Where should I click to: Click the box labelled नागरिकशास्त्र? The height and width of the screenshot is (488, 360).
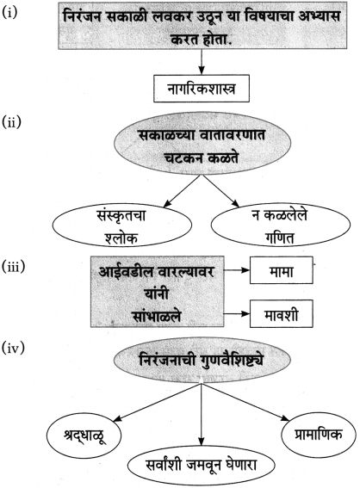coord(202,89)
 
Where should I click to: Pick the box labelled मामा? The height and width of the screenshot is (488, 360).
coord(282,270)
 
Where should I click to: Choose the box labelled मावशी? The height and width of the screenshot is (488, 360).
coord(282,313)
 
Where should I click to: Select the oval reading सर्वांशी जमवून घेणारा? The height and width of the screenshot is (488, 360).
coord(202,466)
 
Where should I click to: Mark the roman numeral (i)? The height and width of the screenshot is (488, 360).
coord(9,12)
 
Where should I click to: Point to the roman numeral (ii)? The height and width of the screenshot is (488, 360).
coord(11,121)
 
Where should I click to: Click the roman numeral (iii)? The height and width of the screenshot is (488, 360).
coord(14,267)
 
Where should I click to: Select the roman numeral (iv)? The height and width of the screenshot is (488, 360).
coord(13,348)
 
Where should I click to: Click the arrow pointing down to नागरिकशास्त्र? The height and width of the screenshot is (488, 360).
coord(202,62)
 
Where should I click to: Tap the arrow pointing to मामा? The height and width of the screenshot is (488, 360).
coord(237,270)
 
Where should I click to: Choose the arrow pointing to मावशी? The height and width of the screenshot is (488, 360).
coord(237,313)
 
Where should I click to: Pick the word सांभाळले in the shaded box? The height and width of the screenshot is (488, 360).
coord(157,316)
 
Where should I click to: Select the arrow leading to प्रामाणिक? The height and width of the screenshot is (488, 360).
coord(245,402)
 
